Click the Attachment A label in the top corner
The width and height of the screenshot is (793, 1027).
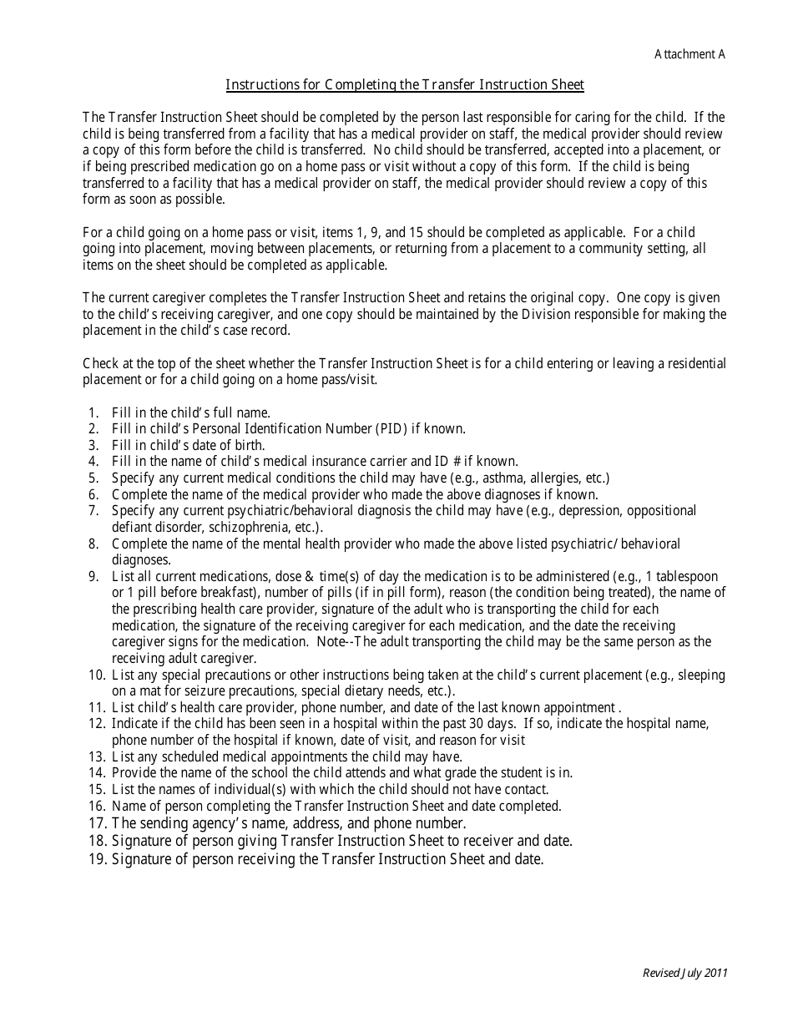coord(689,54)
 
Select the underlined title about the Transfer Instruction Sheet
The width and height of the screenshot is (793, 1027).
coord(405,84)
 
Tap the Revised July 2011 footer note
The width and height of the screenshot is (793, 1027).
coord(685,973)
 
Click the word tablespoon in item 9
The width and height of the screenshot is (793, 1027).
coord(687,576)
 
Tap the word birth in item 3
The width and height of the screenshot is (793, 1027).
coord(250,445)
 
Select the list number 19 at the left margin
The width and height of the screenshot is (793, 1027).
coord(96,858)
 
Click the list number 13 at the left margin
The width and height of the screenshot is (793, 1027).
coord(96,756)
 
